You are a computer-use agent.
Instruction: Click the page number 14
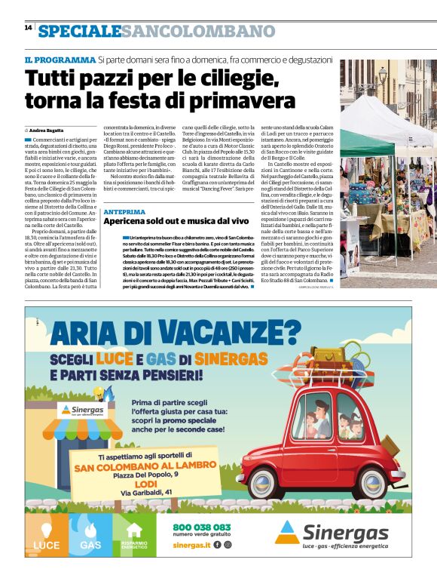[28, 27]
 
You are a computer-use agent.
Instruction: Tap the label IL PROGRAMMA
[60, 60]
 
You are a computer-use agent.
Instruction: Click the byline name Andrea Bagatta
[50, 131]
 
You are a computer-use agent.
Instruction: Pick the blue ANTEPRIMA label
[124, 212]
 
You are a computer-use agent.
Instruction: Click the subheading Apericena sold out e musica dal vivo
[176, 222]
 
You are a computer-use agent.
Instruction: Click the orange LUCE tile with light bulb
[46, 535]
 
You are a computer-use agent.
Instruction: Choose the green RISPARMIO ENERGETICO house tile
[134, 535]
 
